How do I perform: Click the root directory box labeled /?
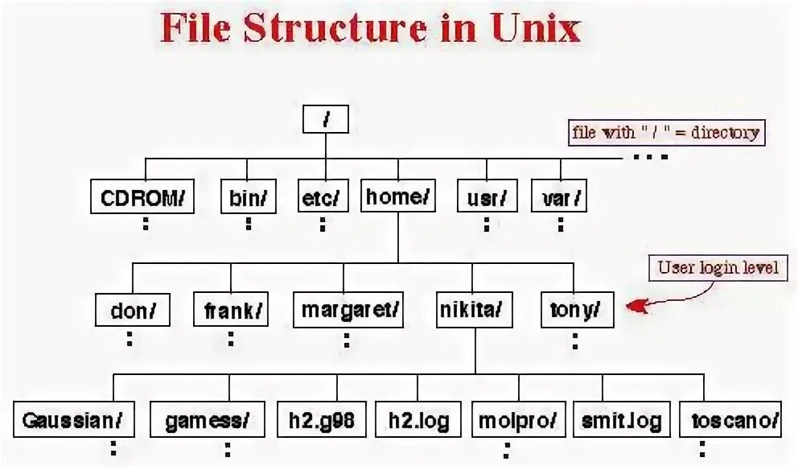pos(326,120)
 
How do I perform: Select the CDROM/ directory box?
pos(143,196)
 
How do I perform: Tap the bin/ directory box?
pos(248,196)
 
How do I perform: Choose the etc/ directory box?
pos(322,196)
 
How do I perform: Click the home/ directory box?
pos(397,196)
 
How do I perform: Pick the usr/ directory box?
pos(486,196)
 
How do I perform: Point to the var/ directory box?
pos(558,196)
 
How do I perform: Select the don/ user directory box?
pos(133,310)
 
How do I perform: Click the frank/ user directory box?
pos(231,310)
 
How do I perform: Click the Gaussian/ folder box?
pos(73,420)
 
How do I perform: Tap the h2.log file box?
pos(418,420)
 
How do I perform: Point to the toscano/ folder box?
pos(736,420)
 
